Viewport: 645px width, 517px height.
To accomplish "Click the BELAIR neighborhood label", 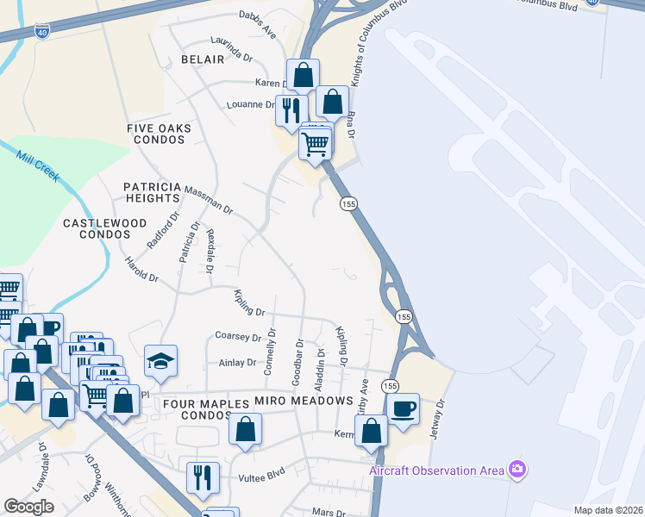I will pyautogui.click(x=203, y=59).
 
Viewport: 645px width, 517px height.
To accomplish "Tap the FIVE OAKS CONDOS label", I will pyautogui.click(x=159, y=135).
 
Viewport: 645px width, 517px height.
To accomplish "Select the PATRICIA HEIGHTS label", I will pyautogui.click(x=152, y=192).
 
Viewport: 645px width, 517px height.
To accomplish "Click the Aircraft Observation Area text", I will pyautogui.click(x=435, y=470).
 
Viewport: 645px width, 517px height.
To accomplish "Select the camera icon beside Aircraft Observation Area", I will pyautogui.click(x=517, y=470).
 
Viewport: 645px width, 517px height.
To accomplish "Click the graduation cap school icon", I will pyautogui.click(x=161, y=360).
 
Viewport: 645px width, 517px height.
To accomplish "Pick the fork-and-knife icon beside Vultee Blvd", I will pyautogui.click(x=203, y=477).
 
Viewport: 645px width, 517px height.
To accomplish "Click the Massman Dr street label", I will pyautogui.click(x=208, y=198).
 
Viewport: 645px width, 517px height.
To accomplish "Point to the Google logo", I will pyautogui.click(x=29, y=507).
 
